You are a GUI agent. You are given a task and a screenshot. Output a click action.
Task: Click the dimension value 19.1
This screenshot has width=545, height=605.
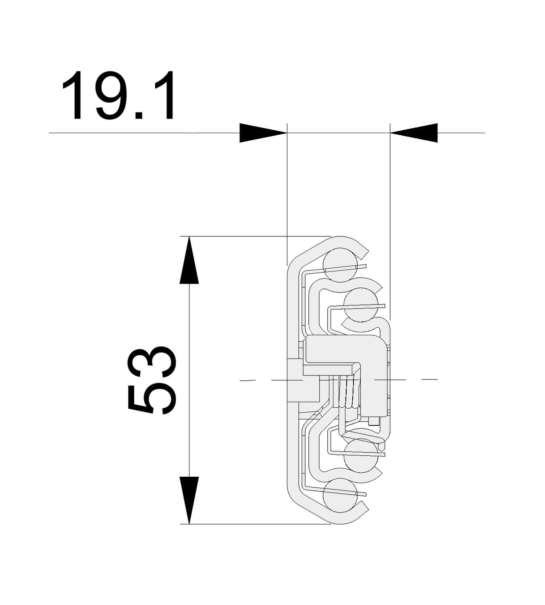pos(119,96)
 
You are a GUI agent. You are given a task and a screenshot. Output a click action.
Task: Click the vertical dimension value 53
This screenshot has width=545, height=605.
pos(152,380)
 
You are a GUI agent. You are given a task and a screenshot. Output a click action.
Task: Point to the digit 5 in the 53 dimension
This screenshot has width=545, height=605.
pos(152,399)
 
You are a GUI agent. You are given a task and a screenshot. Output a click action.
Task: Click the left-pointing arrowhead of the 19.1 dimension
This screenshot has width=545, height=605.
pos(414,133)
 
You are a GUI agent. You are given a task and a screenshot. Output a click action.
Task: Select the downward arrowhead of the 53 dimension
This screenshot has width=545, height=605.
pos(189,500)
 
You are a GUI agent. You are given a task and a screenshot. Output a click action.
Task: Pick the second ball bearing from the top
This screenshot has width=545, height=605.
pos(361,305)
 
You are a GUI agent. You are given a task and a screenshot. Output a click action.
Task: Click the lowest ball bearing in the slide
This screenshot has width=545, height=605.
pos(340,495)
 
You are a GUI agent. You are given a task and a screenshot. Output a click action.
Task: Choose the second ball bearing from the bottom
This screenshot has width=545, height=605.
pos(361,455)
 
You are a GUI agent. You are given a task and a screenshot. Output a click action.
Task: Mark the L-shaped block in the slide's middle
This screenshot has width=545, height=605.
pos(355,355)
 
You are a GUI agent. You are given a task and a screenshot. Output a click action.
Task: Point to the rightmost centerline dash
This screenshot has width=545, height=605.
pos(430,379)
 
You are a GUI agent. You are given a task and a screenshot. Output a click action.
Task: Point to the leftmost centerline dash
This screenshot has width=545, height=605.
pos(247,380)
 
